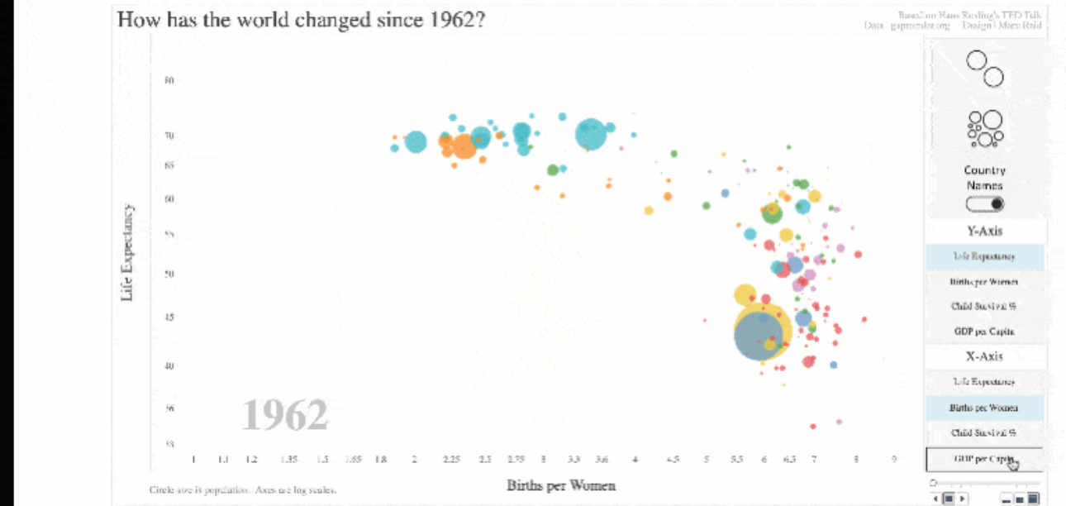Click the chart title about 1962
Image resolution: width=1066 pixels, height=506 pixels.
pos(301,19)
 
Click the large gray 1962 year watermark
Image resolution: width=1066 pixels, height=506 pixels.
pos(285,415)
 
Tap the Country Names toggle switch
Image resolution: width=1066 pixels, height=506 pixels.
pos(984,204)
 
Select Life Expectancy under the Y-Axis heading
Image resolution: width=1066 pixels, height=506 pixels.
pos(984,256)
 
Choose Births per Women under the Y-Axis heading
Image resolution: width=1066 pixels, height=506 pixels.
pos(984,282)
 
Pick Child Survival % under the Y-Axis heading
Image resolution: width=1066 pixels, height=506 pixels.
pos(984,306)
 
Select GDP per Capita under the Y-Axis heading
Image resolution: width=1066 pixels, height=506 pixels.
pos(984,332)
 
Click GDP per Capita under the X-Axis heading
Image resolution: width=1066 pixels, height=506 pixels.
pos(984,459)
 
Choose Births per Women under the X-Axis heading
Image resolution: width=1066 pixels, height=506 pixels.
pos(984,408)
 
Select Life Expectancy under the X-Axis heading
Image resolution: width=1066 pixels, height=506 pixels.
pos(984,382)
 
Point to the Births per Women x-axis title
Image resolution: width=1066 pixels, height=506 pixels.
pos(561,485)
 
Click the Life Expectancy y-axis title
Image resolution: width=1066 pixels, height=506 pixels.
pos(127,252)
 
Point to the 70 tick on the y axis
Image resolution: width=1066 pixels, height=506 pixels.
pos(169,136)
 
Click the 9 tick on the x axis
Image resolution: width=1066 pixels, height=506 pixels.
pos(893,459)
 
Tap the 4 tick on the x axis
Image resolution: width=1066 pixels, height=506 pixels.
pos(635,459)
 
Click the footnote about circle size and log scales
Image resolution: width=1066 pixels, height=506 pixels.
pos(243,490)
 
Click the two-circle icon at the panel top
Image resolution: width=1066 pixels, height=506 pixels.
pos(985,69)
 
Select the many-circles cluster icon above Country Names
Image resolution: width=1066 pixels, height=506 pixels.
pos(984,129)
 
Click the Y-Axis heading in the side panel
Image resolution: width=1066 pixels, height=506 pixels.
pos(984,232)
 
